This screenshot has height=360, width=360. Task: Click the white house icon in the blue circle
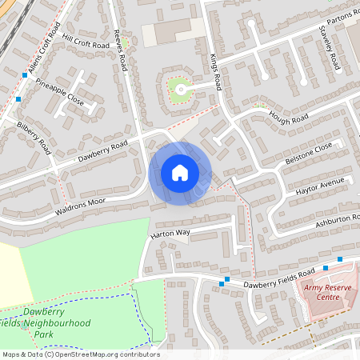(x=180, y=173)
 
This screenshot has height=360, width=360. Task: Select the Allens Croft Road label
(x=46, y=58)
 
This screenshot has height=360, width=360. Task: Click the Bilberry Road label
(x=34, y=137)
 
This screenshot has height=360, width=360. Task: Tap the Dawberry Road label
(x=102, y=151)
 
